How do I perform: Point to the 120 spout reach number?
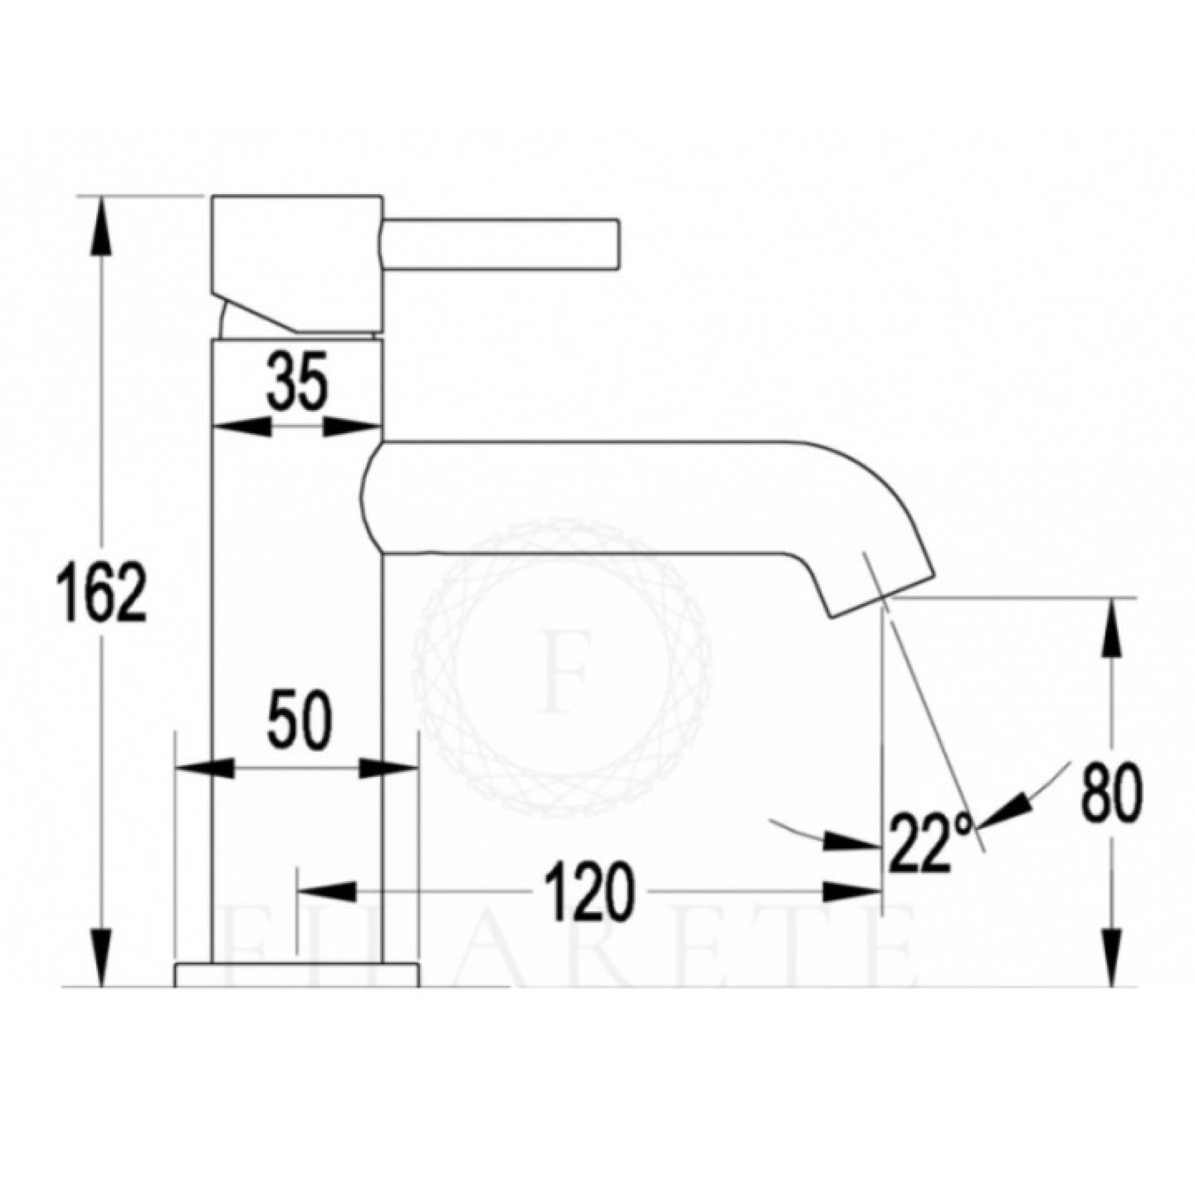click(x=592, y=891)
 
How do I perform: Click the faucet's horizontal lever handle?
click(x=501, y=244)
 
